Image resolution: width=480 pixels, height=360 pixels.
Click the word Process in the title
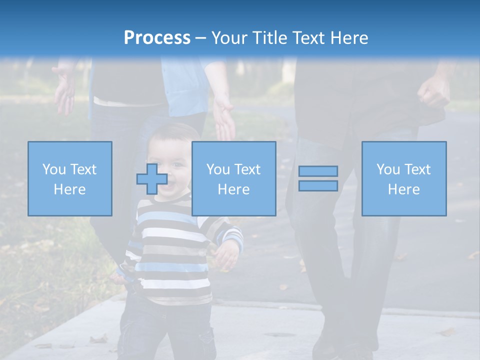pos(157,38)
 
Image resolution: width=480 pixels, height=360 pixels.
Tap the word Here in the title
pos(348,38)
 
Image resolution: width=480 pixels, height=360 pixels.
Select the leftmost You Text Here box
pos(69,178)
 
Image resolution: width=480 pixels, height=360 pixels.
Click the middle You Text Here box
pos(233,178)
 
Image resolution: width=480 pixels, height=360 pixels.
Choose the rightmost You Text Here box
pos(403,178)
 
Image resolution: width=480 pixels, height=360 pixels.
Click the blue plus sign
pos(152,179)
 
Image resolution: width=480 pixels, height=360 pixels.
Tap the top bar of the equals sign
pos(318,171)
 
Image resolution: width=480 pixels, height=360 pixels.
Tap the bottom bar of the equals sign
pos(318,185)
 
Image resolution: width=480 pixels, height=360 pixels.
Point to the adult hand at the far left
pos(64,90)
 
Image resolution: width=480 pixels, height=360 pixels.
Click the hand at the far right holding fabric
pos(433,92)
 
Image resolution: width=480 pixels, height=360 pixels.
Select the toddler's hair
pos(172,132)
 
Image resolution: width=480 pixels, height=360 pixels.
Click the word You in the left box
pos(53,169)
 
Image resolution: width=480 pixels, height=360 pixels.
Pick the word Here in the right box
pos(403,189)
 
